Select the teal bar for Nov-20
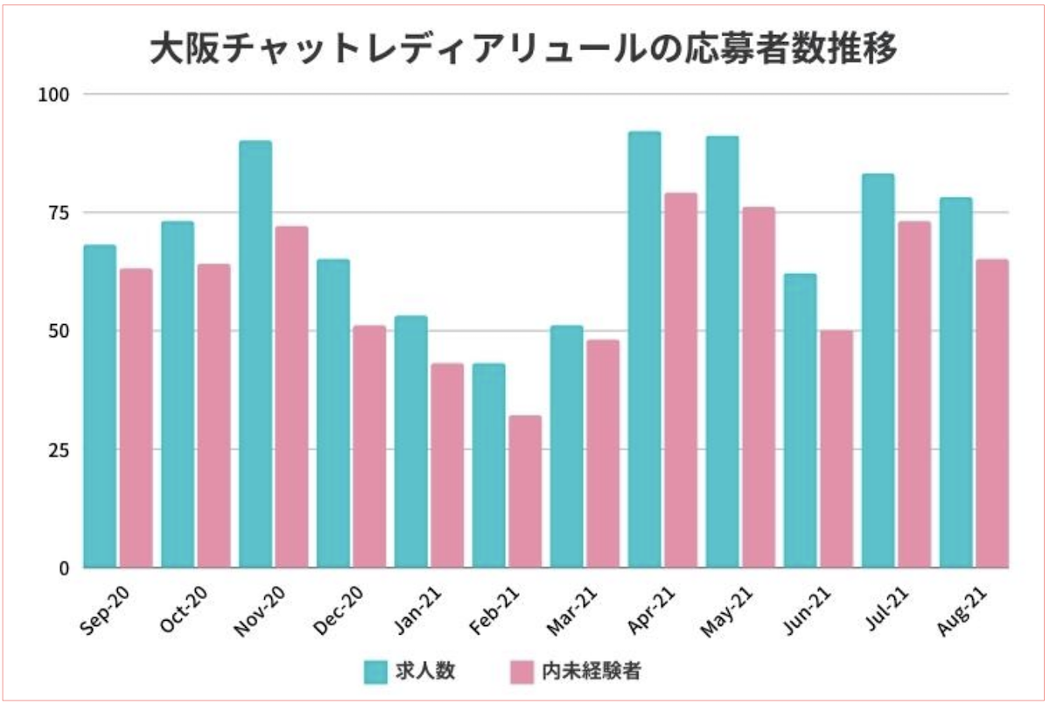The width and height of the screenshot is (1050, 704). click(255, 355)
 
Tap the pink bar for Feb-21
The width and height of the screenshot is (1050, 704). click(525, 491)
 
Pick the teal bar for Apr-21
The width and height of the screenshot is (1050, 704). click(645, 350)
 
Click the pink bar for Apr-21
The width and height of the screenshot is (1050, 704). click(681, 381)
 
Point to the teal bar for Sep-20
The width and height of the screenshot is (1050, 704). click(100, 406)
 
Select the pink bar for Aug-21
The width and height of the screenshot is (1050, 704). click(992, 414)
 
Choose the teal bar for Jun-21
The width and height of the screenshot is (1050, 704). click(801, 421)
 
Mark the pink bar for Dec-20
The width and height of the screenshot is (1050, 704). click(369, 447)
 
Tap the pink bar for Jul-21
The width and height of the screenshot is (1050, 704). click(914, 395)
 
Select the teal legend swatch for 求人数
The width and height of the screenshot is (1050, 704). click(377, 672)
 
